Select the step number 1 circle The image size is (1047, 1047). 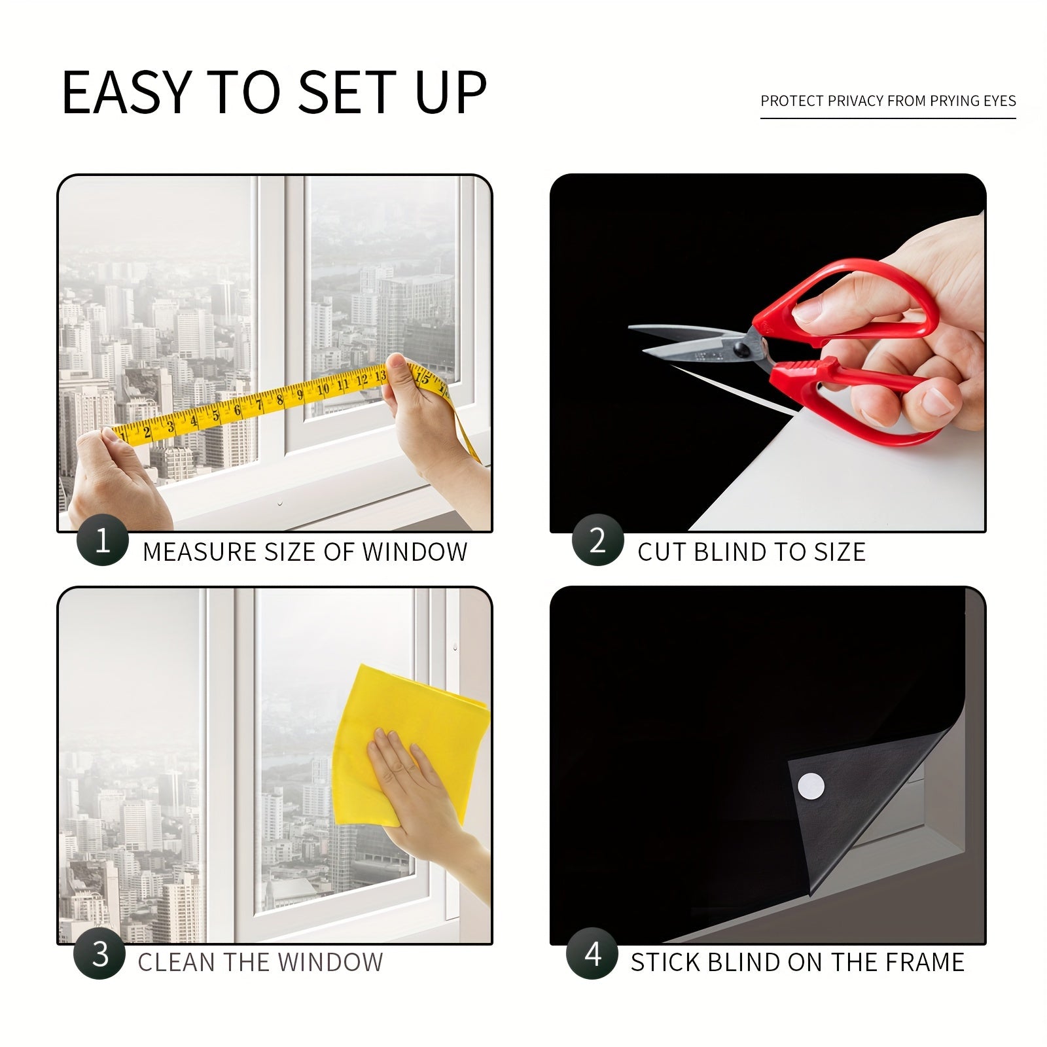point(102,541)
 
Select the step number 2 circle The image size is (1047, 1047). point(597,541)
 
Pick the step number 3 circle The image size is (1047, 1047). point(99,954)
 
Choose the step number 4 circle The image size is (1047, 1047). point(592,954)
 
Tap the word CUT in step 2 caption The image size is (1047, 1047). point(662,552)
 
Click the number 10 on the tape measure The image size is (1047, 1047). point(323,390)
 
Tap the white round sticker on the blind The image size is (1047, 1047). point(811,785)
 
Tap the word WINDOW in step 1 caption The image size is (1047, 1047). point(414,552)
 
